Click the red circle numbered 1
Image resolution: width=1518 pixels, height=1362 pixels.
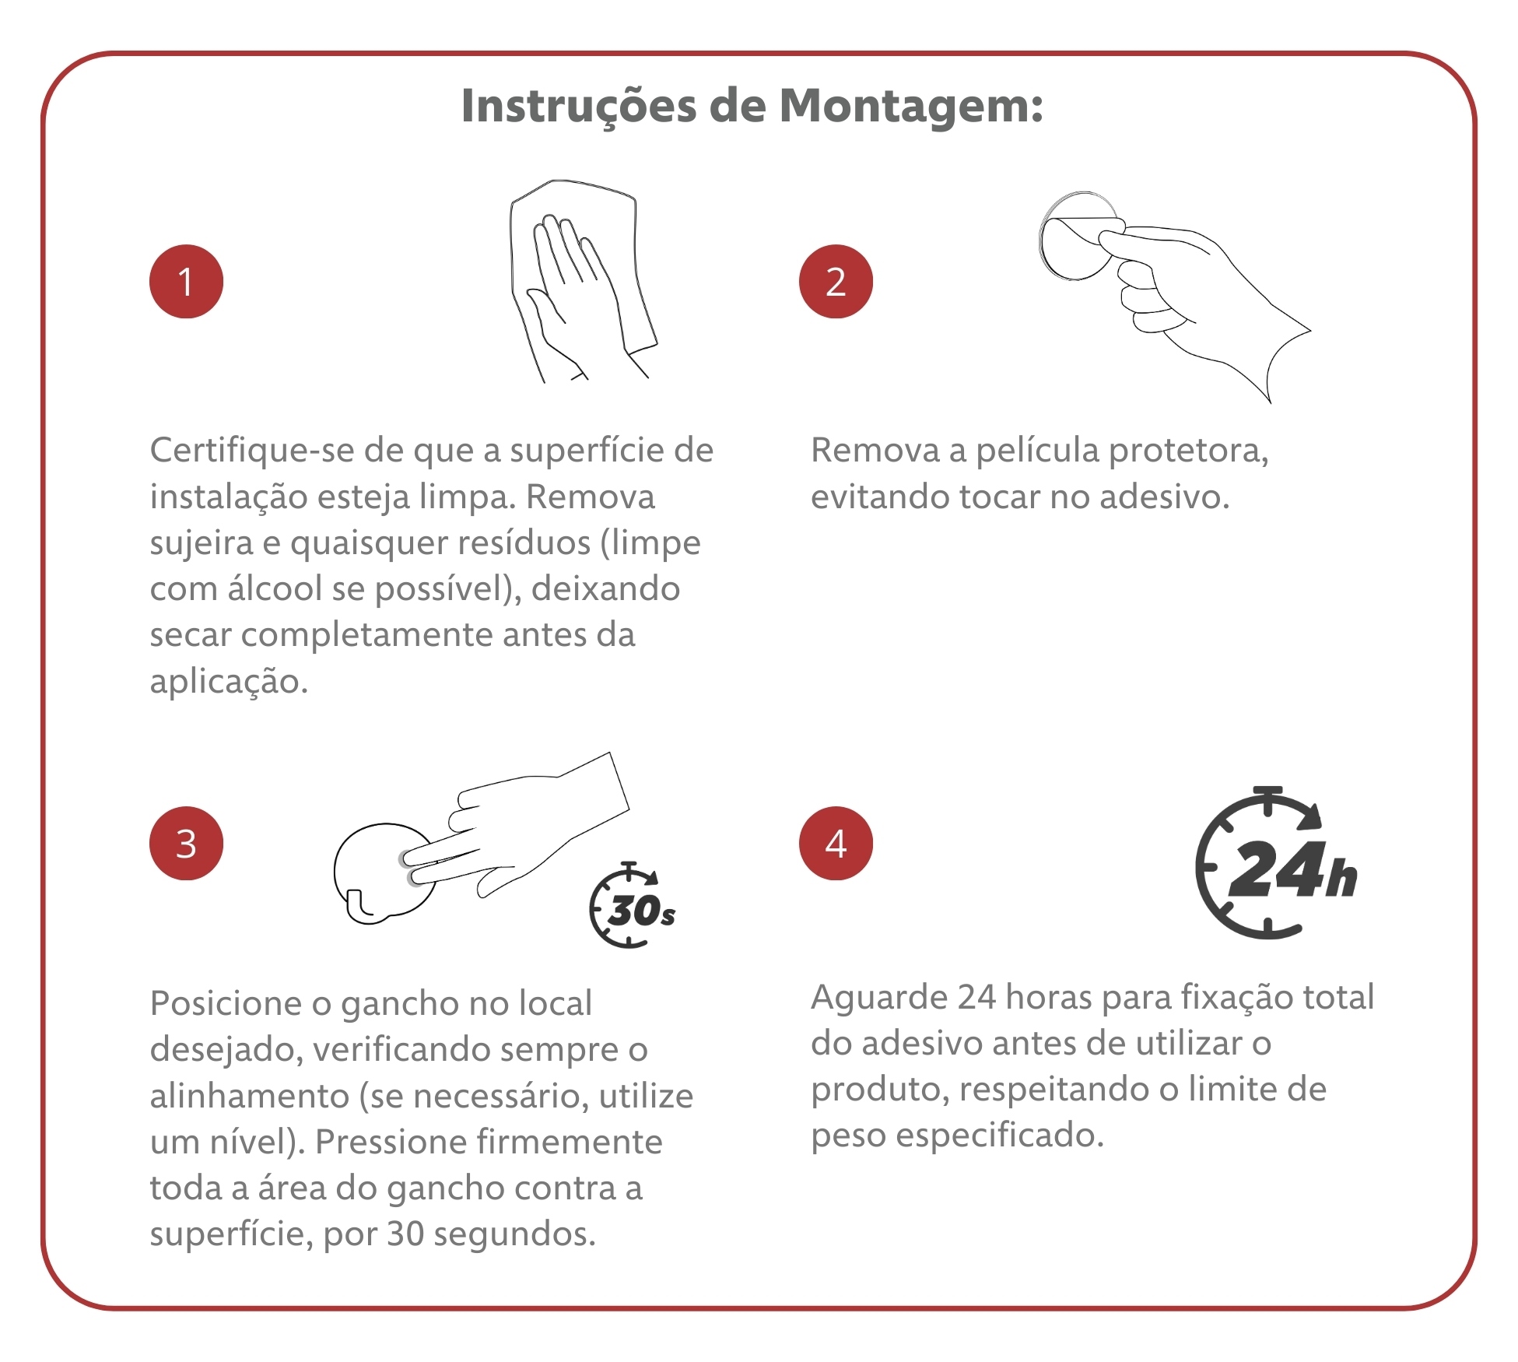click(x=186, y=281)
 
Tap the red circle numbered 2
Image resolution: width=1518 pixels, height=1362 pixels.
click(x=836, y=281)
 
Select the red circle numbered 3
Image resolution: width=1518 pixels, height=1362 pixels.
click(x=186, y=843)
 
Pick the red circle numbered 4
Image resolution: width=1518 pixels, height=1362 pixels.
click(x=836, y=843)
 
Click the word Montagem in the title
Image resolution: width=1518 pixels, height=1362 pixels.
click(x=910, y=107)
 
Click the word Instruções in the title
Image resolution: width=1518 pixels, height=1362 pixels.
click(x=579, y=106)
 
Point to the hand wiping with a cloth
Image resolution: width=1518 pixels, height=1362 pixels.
click(x=584, y=280)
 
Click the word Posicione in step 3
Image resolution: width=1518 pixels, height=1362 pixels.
click(x=226, y=1003)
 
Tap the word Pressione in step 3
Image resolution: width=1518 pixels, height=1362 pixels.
click(x=391, y=1142)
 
